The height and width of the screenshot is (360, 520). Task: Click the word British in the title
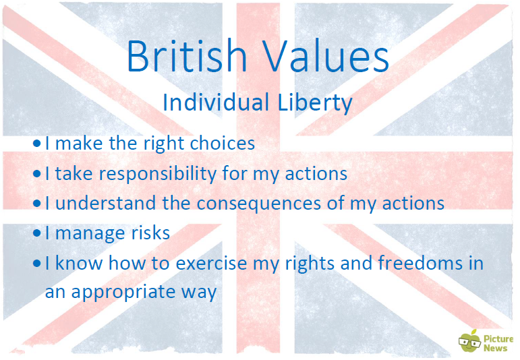coord(187,56)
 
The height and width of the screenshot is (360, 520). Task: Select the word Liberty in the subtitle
coord(315,103)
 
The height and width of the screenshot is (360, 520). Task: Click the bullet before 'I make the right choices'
coord(37,144)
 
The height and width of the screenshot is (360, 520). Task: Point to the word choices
coord(222,143)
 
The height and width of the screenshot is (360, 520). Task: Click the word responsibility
coord(158,175)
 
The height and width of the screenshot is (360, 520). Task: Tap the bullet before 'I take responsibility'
coord(37,174)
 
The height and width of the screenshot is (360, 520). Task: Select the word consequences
coord(259,204)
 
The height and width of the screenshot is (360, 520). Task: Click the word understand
coord(106,202)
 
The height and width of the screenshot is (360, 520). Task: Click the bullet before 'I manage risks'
coord(37,233)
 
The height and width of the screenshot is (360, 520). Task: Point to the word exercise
coord(211,263)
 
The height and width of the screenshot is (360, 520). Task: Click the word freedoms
coord(420,262)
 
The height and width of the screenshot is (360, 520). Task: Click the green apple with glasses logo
coord(470,340)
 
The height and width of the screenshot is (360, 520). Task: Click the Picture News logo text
coord(498,343)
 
